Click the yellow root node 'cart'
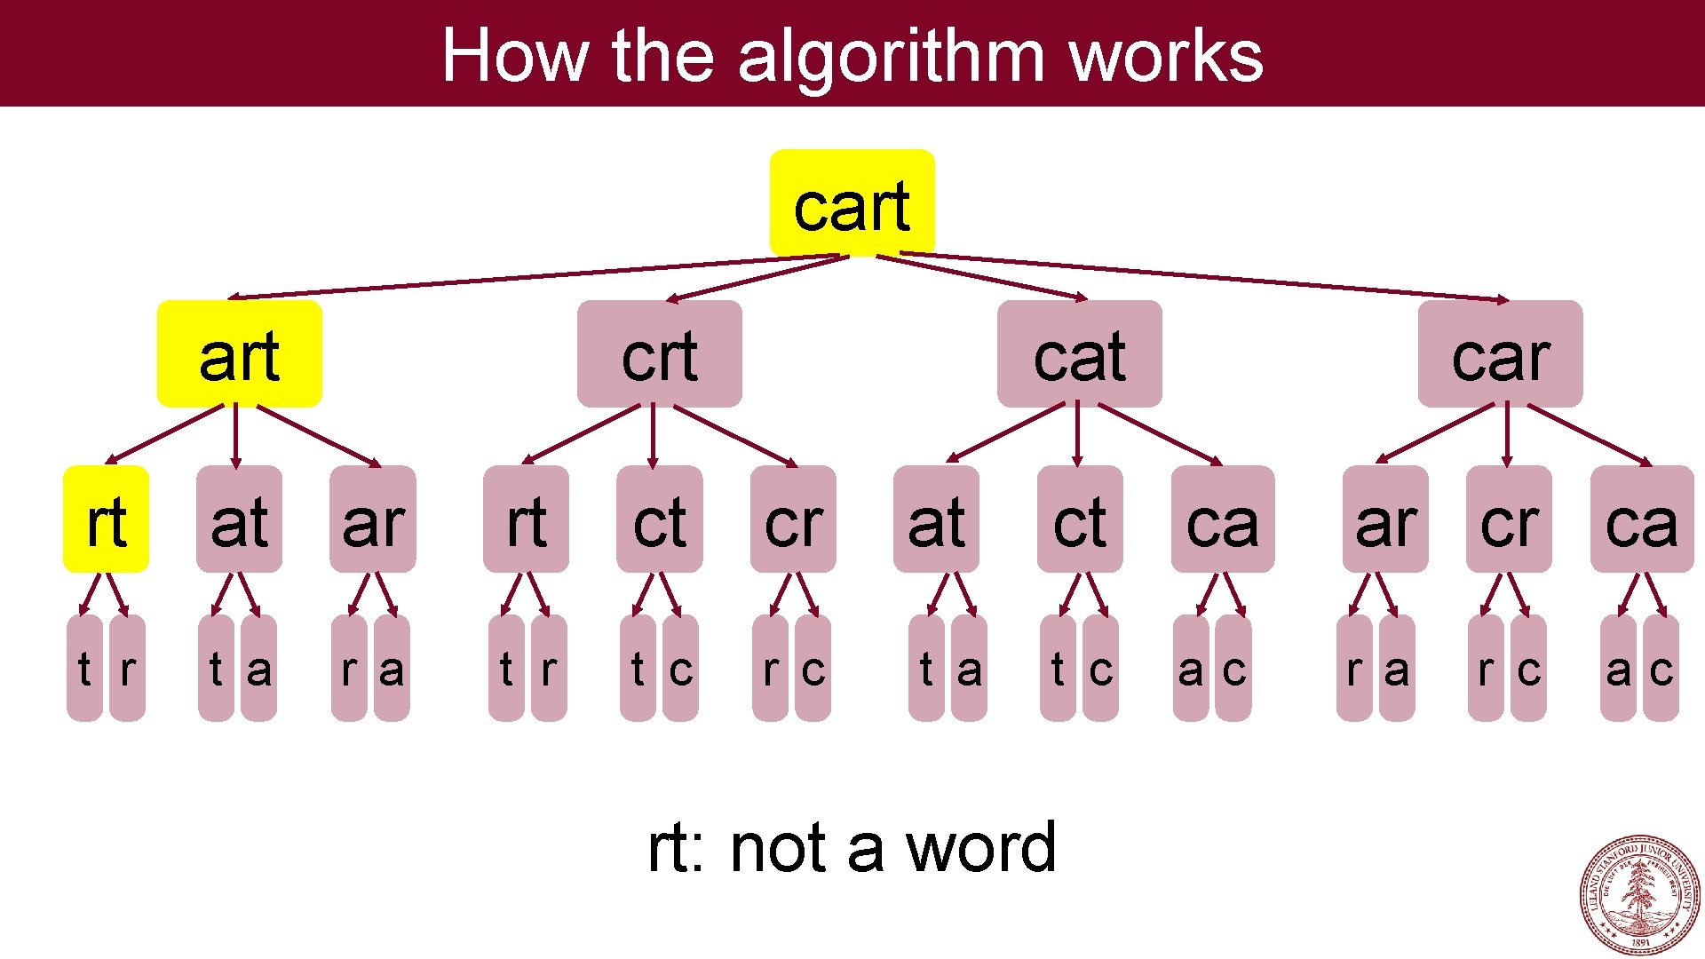852,203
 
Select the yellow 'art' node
239,353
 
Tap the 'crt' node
659,353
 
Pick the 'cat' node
1079,353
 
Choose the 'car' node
1500,353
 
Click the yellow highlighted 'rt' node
106,519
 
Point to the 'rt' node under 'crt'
526,519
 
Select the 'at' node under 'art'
239,519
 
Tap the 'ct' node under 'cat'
1080,519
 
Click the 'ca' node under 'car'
1641,519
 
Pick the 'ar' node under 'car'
1385,519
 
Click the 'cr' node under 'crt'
793,519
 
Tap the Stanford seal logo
1639,894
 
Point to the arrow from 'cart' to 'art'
533,277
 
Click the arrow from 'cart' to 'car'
1208,277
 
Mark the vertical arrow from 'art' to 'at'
235,435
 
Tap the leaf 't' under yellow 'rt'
84,668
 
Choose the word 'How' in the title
515,55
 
